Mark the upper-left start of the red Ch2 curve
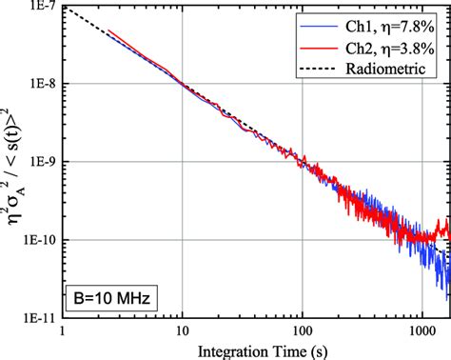coord(109,31)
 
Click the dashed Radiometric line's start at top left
coord(64,9)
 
